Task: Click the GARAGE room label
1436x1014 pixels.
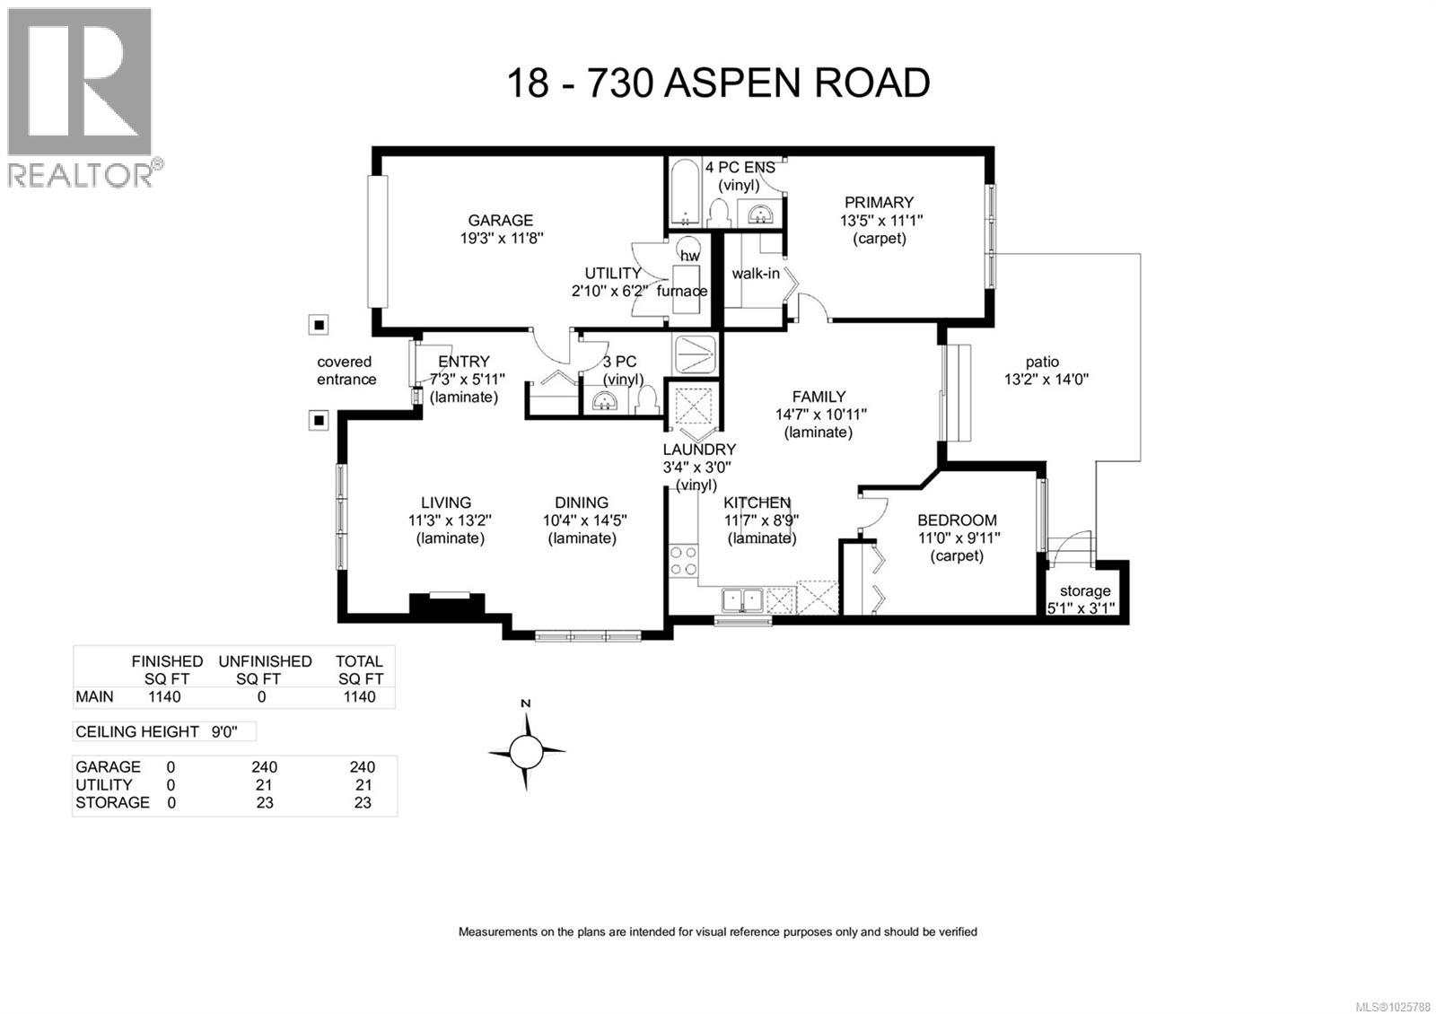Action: tap(500, 220)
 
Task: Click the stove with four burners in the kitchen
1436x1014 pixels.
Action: tap(684, 561)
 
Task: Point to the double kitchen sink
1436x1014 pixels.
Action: tap(742, 599)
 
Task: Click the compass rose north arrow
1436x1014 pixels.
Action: tap(527, 748)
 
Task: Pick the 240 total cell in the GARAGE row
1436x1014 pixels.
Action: tap(362, 767)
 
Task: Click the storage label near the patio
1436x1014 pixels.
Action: tap(1084, 590)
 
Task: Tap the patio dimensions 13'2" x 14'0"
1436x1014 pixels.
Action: tap(1046, 380)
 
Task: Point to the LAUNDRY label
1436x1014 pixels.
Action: tap(699, 450)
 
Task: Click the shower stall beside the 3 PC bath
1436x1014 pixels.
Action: tap(696, 354)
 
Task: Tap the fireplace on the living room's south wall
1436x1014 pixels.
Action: tap(447, 603)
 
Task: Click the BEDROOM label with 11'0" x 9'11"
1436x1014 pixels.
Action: tap(957, 520)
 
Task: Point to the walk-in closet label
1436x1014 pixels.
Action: tap(755, 274)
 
